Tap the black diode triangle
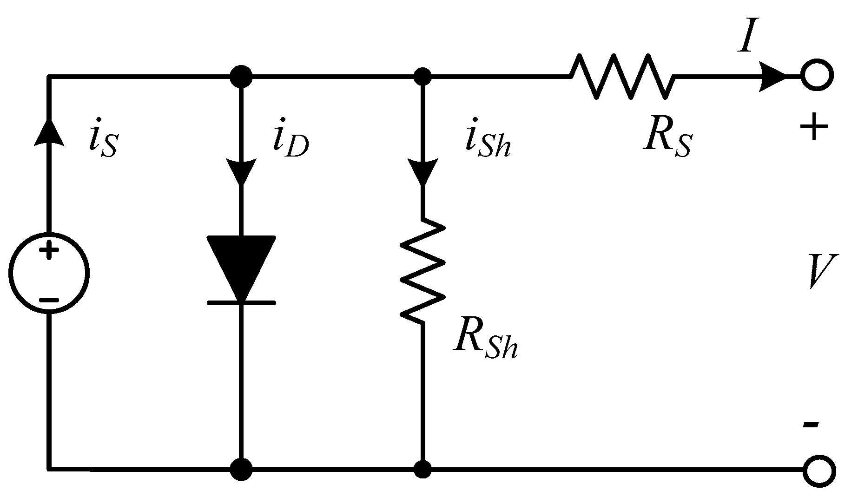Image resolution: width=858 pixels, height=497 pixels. coord(241,265)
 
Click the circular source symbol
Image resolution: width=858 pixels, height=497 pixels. coord(49,273)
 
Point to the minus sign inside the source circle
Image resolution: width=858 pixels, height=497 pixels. coord(49,300)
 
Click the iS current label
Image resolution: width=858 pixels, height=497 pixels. coord(103,142)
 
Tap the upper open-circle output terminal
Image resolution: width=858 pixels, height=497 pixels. coord(817,75)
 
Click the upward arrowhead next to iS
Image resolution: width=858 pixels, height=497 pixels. coord(49,131)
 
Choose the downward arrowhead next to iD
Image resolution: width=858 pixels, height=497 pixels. coord(241,170)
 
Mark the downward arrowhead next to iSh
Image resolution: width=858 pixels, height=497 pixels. coord(422,170)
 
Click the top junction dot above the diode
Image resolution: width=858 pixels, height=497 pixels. coord(241,76)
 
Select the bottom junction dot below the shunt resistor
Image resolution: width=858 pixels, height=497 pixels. coord(422,470)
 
